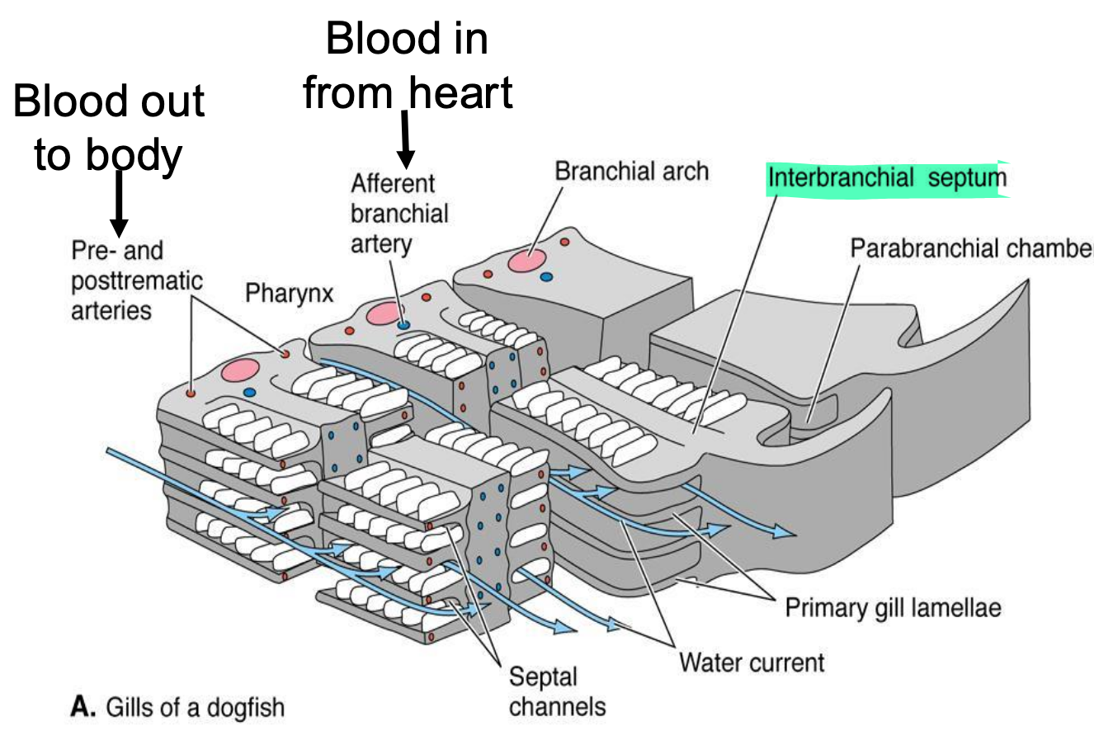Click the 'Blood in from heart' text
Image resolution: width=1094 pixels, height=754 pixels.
click(407, 66)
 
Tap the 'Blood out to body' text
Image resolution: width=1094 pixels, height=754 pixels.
click(108, 128)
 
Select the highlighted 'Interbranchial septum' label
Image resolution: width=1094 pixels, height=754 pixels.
click(887, 178)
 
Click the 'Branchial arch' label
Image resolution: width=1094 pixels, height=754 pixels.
click(631, 172)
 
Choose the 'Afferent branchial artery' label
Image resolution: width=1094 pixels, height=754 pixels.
click(399, 214)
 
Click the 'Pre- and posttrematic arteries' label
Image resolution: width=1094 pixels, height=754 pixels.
click(136, 280)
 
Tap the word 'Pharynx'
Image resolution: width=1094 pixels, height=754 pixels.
click(289, 293)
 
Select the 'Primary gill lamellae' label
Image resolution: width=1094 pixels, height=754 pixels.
click(893, 609)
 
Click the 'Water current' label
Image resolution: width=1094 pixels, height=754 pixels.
click(751, 662)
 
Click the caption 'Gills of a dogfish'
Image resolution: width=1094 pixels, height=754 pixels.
click(195, 708)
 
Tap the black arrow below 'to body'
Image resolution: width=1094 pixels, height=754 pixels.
click(120, 202)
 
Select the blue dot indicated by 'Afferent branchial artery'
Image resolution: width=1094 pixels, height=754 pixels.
click(403, 325)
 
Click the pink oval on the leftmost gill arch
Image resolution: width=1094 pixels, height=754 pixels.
click(240, 370)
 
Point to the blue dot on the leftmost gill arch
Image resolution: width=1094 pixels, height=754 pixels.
click(250, 393)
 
